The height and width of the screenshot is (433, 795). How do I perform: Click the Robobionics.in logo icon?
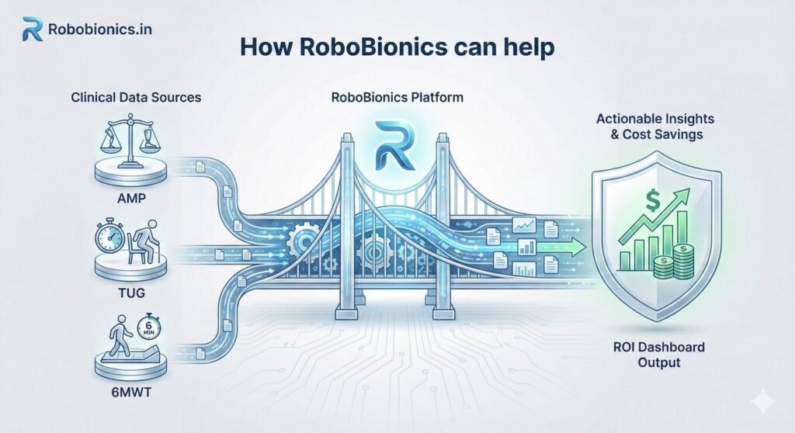click(x=33, y=29)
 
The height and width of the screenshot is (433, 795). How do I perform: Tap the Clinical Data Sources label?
click(x=136, y=98)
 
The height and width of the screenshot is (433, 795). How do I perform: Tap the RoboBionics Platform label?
click(x=397, y=98)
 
